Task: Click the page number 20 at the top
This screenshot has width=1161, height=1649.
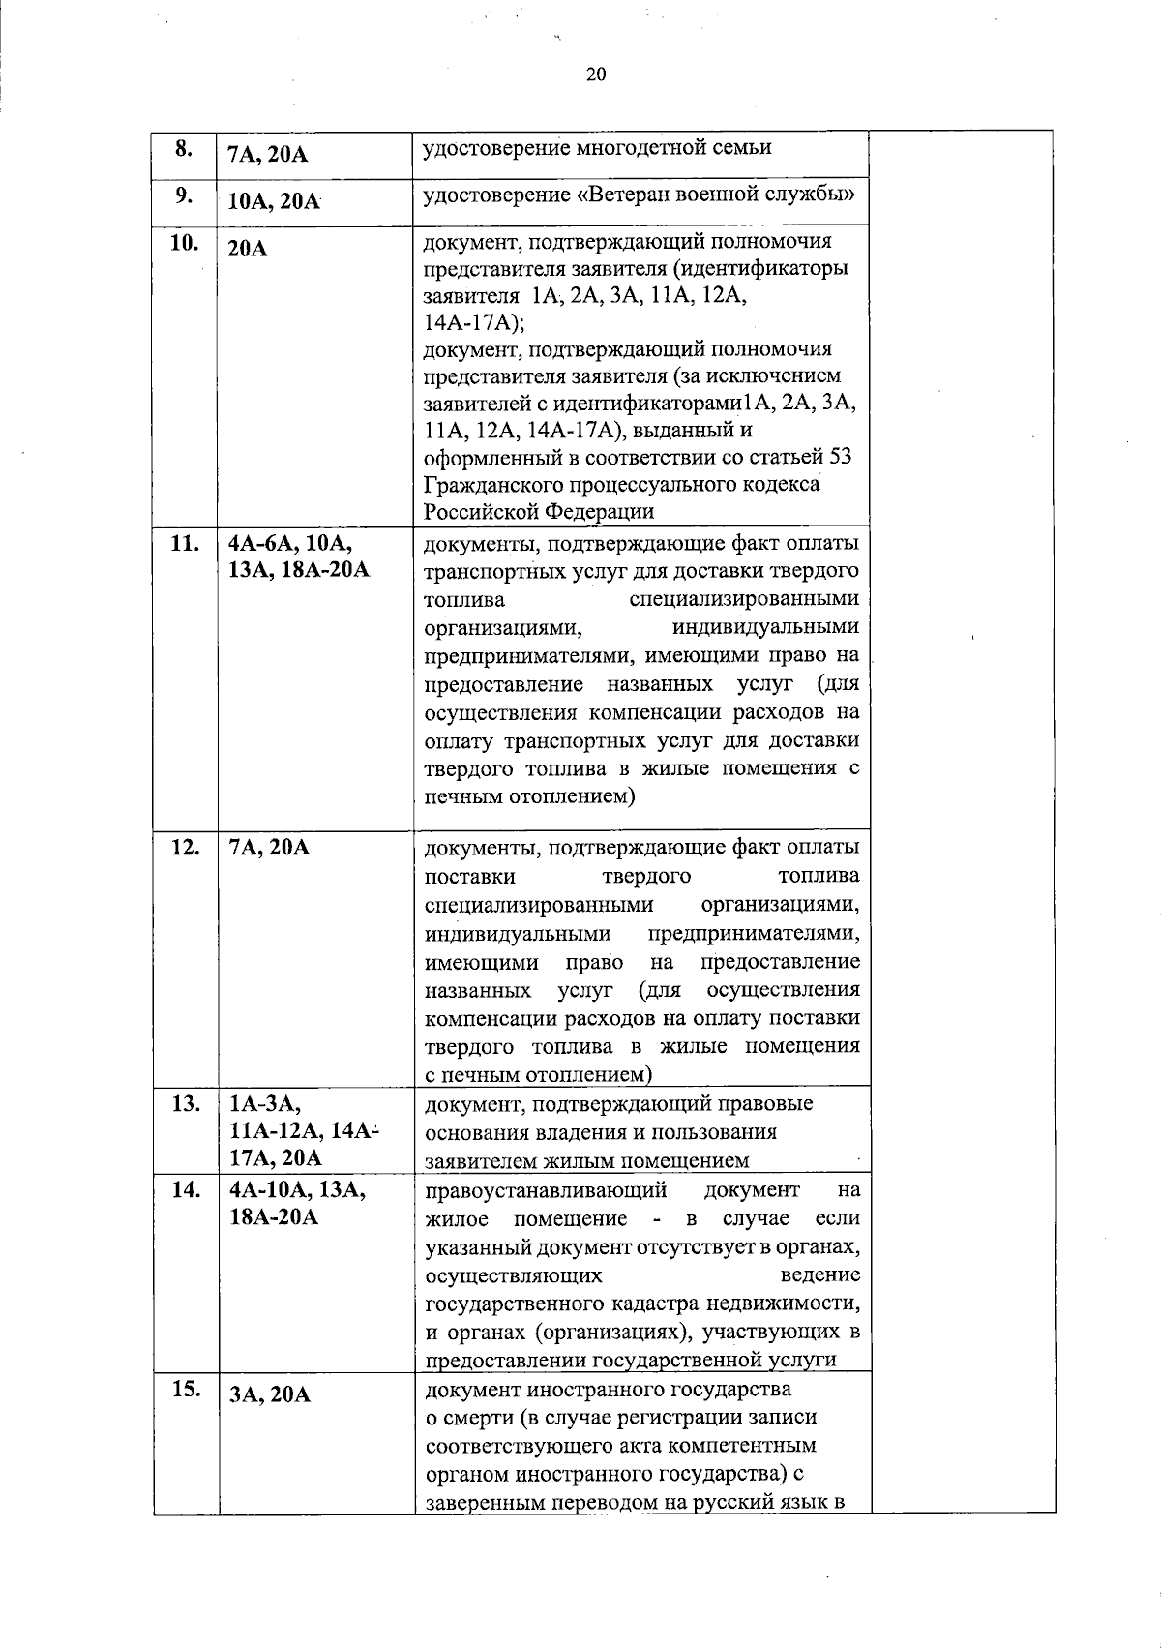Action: [x=595, y=75]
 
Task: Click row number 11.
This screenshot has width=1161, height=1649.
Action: [x=184, y=543]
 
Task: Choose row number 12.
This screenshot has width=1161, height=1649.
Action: [x=184, y=847]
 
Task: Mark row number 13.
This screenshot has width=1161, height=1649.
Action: [x=184, y=1103]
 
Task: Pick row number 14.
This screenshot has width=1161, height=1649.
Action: [x=184, y=1189]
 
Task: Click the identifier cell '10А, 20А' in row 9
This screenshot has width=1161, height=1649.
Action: [x=274, y=201]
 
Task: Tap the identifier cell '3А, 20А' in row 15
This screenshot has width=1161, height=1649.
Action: [x=269, y=1395]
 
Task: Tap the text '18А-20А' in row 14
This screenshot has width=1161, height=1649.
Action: [x=274, y=1216]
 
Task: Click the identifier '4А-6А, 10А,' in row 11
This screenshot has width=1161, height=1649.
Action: [x=290, y=543]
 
